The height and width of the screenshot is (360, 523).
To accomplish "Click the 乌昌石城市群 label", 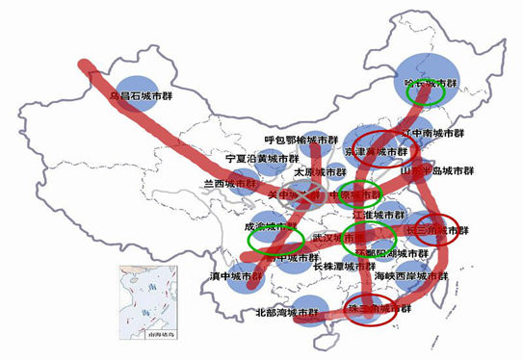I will (140, 96).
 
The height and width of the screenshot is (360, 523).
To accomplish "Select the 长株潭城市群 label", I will (344, 266).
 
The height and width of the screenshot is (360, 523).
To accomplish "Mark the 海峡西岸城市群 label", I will (407, 275).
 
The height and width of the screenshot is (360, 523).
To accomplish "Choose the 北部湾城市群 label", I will (286, 313).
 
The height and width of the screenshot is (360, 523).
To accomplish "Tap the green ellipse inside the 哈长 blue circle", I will (424, 94).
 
